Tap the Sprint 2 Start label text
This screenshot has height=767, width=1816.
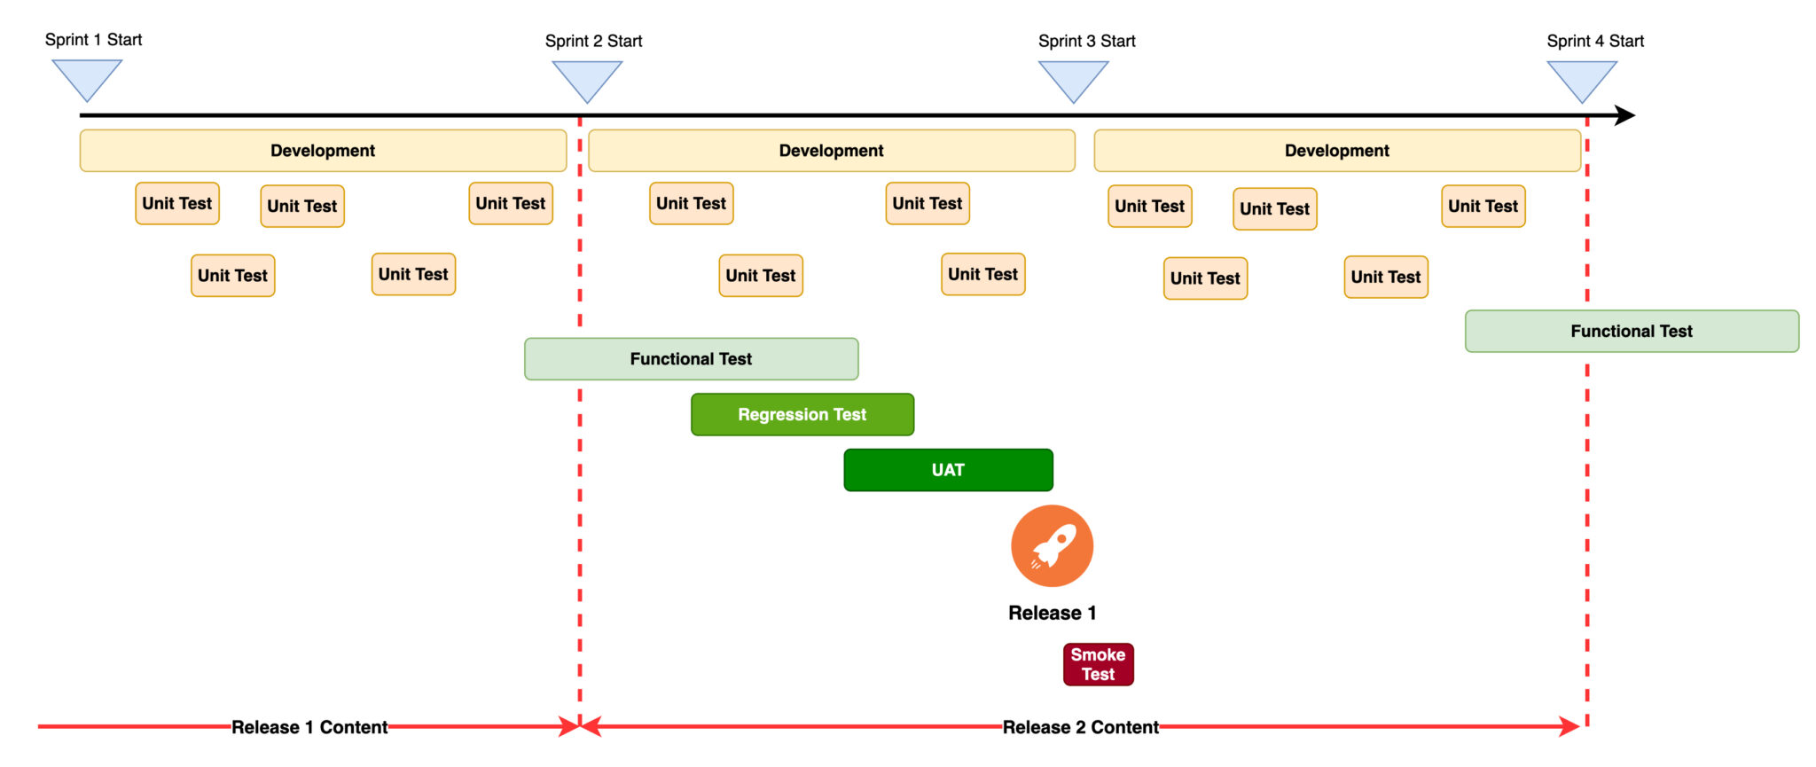[x=593, y=41]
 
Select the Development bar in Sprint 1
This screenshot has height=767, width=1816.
[x=323, y=151]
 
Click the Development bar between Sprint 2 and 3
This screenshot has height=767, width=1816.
[x=831, y=151]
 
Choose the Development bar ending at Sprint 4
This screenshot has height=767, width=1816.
[x=1336, y=151]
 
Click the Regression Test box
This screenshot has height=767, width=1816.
[x=802, y=414]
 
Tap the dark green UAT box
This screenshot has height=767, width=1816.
[x=948, y=470]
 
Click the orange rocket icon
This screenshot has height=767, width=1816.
[x=1052, y=546]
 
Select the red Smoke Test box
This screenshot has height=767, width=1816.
[x=1098, y=664]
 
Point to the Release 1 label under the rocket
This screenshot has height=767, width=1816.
[x=1052, y=613]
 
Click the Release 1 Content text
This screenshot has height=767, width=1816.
[x=309, y=727]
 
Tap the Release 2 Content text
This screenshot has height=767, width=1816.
[x=1080, y=727]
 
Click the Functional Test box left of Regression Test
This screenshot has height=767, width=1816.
[x=691, y=359]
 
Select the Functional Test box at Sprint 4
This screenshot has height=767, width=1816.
[x=1632, y=331]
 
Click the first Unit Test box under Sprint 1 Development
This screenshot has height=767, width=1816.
[x=177, y=203]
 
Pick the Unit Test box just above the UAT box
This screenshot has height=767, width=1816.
[x=982, y=274]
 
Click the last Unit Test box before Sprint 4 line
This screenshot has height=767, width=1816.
[x=1483, y=206]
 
